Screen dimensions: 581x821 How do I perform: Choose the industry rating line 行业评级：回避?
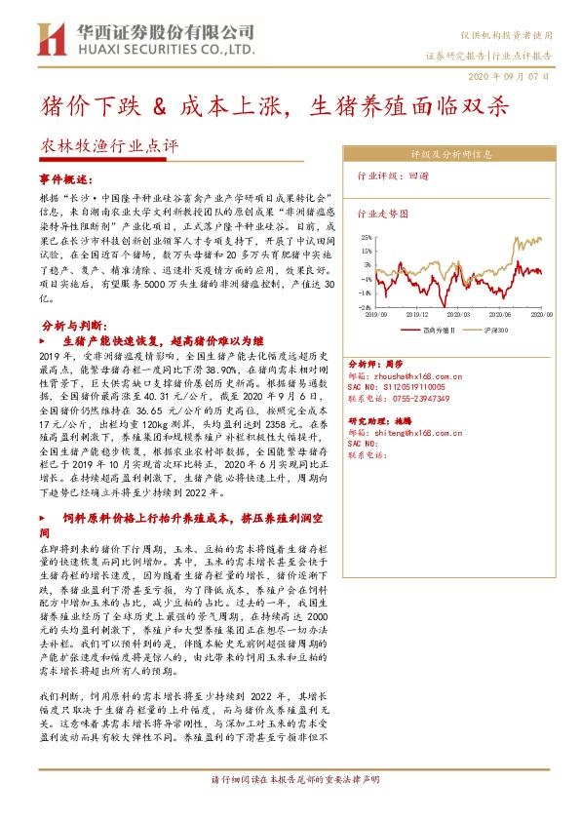(x=390, y=178)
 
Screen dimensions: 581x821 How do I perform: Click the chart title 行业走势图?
(x=380, y=212)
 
